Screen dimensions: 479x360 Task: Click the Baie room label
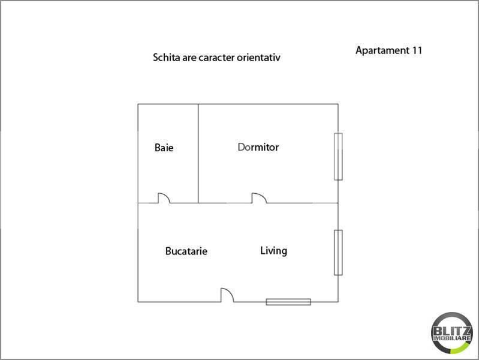point(164,148)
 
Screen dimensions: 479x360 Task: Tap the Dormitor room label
point(258,147)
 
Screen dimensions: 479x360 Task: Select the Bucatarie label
point(186,251)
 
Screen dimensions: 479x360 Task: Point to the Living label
point(274,251)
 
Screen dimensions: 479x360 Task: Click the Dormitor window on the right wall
point(338,157)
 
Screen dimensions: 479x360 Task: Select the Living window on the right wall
point(338,253)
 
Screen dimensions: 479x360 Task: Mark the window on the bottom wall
point(288,302)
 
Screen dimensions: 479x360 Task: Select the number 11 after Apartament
point(417,50)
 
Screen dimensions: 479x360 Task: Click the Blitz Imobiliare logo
point(452,333)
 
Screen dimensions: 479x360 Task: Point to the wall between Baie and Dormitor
point(198,154)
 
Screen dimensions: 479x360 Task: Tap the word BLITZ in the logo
point(452,331)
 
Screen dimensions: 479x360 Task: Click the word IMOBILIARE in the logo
point(452,338)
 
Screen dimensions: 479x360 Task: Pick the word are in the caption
point(189,58)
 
